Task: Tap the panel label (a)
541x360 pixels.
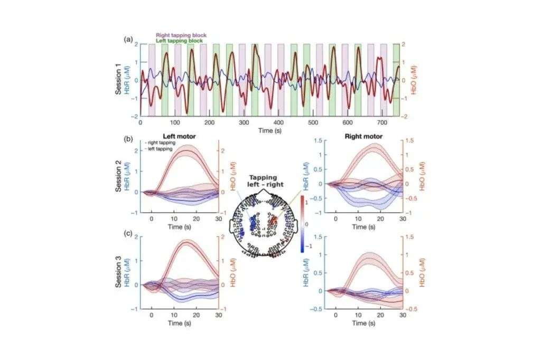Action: point(128,40)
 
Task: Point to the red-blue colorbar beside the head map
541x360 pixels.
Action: point(302,222)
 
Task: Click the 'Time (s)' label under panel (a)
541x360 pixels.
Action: point(269,130)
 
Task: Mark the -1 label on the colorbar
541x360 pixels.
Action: point(310,246)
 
